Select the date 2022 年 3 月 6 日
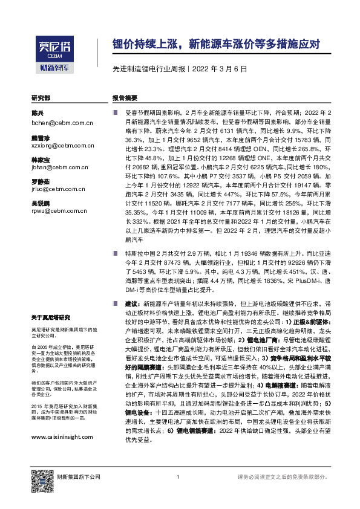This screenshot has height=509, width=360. click(x=219, y=69)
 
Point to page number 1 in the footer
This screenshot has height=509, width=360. click(x=178, y=478)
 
